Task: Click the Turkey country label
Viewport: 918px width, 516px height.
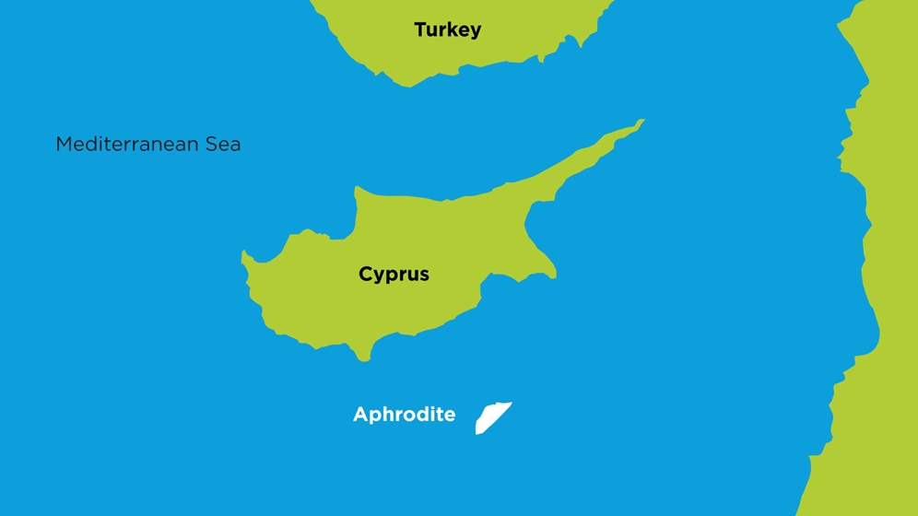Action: point(447,30)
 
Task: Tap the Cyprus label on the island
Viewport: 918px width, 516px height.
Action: point(394,275)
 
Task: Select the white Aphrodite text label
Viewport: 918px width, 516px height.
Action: point(404,415)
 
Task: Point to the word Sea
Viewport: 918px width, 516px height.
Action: point(224,145)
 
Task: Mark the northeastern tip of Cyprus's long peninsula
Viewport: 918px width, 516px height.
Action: point(641,121)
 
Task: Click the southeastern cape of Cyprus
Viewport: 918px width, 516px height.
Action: point(553,275)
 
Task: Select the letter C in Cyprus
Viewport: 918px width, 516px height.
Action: point(366,274)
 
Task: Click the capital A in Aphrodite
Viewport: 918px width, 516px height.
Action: point(360,415)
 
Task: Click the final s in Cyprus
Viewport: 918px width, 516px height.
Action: point(424,276)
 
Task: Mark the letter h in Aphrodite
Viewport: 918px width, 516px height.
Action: point(388,415)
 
